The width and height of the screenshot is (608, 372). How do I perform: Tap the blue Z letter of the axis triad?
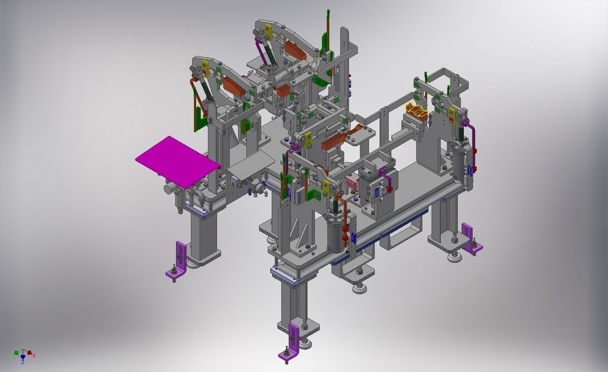(x=23, y=362)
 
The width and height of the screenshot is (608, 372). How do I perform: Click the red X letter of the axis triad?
(x=34, y=355)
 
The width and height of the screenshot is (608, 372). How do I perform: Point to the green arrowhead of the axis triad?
(x=16, y=352)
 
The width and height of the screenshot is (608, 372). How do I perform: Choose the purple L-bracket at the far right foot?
(x=471, y=239)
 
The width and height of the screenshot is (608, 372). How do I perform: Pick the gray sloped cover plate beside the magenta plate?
(x=249, y=165)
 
